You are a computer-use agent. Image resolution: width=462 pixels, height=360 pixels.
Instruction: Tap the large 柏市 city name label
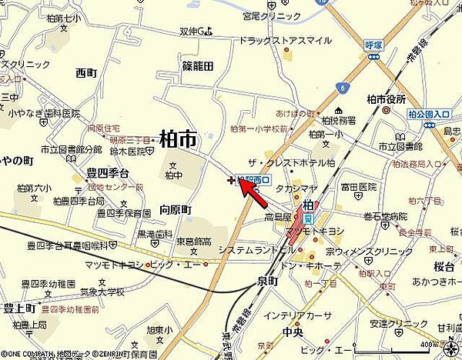tap(177, 138)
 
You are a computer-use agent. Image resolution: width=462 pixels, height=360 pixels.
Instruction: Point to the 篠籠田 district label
tap(197, 66)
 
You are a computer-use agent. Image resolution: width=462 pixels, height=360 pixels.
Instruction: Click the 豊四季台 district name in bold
tap(107, 172)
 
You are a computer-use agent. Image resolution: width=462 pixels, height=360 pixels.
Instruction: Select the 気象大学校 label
tap(102, 292)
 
